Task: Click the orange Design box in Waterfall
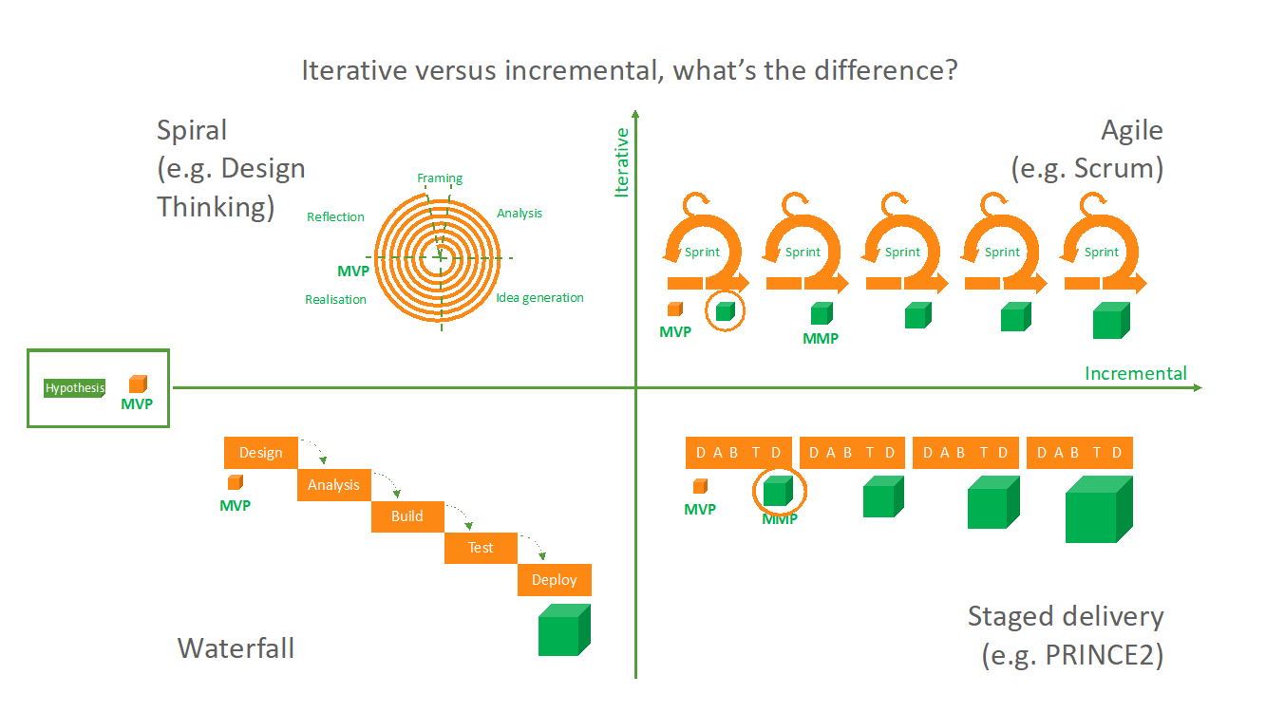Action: click(x=260, y=453)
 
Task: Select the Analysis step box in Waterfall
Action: click(x=333, y=485)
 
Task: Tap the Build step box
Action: click(x=407, y=516)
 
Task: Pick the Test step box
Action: click(x=481, y=548)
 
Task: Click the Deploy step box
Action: click(x=554, y=580)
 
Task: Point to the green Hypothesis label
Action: click(x=75, y=387)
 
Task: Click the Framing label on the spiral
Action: click(x=440, y=178)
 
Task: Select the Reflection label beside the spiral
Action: click(x=335, y=216)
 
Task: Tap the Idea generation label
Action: click(x=539, y=297)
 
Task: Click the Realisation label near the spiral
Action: click(x=335, y=299)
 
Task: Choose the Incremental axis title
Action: click(x=1136, y=373)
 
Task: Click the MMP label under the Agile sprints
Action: click(x=821, y=338)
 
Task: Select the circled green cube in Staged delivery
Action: click(x=778, y=491)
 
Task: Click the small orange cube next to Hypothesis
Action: click(x=138, y=384)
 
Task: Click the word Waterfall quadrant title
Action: click(x=236, y=648)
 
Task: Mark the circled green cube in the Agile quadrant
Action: click(x=725, y=310)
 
